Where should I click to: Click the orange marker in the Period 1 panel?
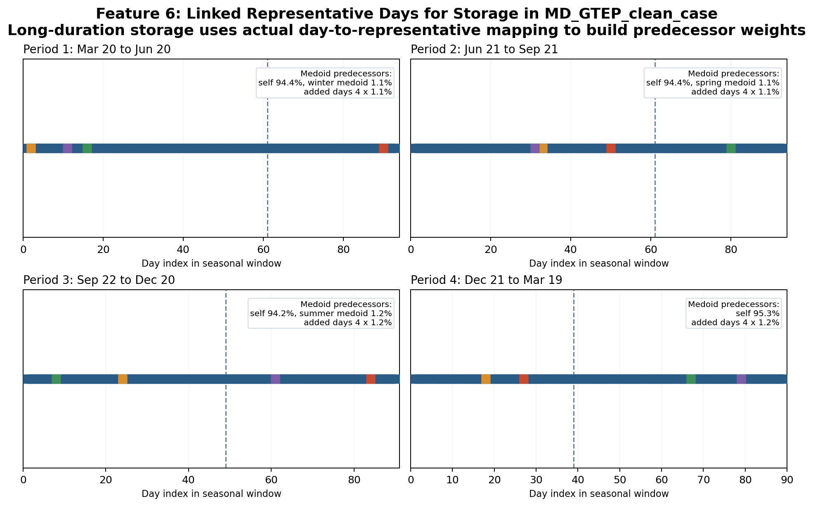click(31, 148)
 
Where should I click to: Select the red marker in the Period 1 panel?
click(383, 148)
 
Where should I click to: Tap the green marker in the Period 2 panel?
click(731, 148)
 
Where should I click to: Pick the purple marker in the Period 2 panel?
click(535, 148)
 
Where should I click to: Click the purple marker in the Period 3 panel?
click(275, 379)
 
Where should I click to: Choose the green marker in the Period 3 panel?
click(56, 379)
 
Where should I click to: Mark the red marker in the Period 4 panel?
click(524, 379)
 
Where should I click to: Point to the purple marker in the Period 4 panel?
click(741, 379)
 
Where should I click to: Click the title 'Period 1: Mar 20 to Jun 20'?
click(97, 50)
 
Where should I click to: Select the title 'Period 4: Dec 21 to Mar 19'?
click(486, 280)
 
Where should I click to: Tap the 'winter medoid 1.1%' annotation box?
click(325, 83)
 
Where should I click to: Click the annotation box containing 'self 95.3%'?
click(733, 313)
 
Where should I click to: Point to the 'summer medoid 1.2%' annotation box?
click(321, 313)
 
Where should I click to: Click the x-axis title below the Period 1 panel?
click(211, 264)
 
